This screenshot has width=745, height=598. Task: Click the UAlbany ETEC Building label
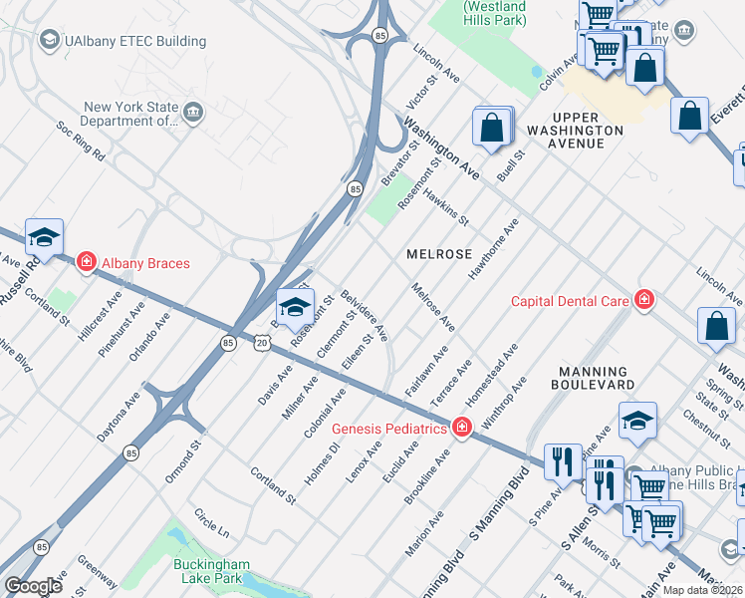tap(135, 41)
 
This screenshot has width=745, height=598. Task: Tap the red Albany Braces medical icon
tap(87, 262)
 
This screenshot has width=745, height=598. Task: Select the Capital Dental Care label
tap(570, 300)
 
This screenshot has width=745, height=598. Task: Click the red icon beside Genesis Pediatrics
tap(461, 429)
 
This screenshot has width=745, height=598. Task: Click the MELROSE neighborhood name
tap(439, 254)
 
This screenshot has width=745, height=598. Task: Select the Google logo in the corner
tap(33, 586)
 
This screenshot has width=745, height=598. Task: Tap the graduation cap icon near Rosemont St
tap(295, 307)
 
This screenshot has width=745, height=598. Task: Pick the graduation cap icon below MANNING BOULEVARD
tap(637, 422)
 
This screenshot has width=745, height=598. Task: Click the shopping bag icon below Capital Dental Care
tap(717, 328)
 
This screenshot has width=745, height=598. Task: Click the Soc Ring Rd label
tap(81, 142)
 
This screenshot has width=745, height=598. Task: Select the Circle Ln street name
tap(211, 519)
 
